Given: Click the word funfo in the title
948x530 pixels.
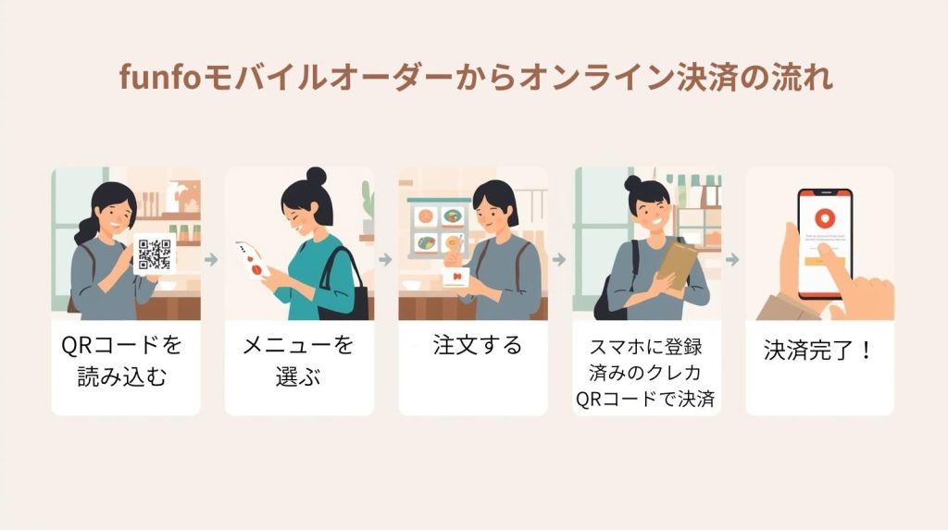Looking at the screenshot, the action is click(160, 78).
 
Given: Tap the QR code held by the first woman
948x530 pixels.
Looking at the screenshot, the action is click(155, 254).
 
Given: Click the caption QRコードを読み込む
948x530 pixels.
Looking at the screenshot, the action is click(122, 361).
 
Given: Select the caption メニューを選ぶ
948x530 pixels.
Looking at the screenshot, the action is click(297, 361).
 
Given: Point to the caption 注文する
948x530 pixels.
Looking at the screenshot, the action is click(477, 345).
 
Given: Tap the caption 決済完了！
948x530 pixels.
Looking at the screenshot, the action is click(817, 351).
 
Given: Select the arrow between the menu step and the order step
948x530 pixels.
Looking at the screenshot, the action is click(386, 260).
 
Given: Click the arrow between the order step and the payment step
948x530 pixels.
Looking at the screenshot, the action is click(559, 260).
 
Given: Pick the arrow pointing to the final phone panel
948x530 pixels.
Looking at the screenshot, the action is click(733, 260).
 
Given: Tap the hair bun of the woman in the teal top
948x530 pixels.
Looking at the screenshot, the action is click(316, 176).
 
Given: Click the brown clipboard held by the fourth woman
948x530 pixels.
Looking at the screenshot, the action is click(677, 264).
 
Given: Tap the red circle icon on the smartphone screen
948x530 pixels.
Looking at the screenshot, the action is click(823, 217).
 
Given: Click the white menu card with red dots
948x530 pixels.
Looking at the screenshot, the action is click(253, 260).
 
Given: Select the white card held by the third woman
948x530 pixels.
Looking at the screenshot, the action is click(455, 277).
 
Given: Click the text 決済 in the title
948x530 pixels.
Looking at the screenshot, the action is click(704, 78).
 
